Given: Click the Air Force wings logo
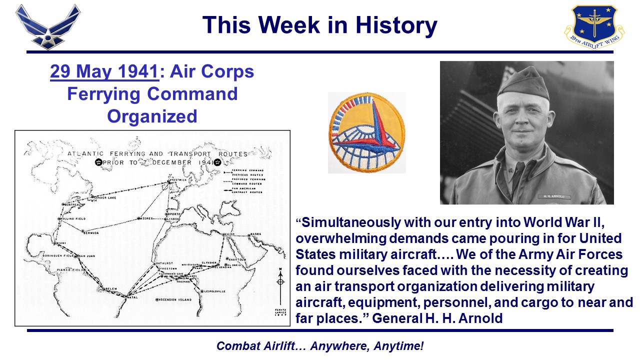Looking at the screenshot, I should [47, 26].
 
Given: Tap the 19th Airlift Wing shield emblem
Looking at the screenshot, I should [594, 26].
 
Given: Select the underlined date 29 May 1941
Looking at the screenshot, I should [104, 71].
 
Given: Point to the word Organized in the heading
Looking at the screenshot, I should [152, 116].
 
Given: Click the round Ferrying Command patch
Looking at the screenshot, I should [366, 132].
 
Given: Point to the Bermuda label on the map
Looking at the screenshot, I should [91, 233].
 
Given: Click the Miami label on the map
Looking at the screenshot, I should [60, 244].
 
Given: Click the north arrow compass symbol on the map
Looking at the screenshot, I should [280, 281].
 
